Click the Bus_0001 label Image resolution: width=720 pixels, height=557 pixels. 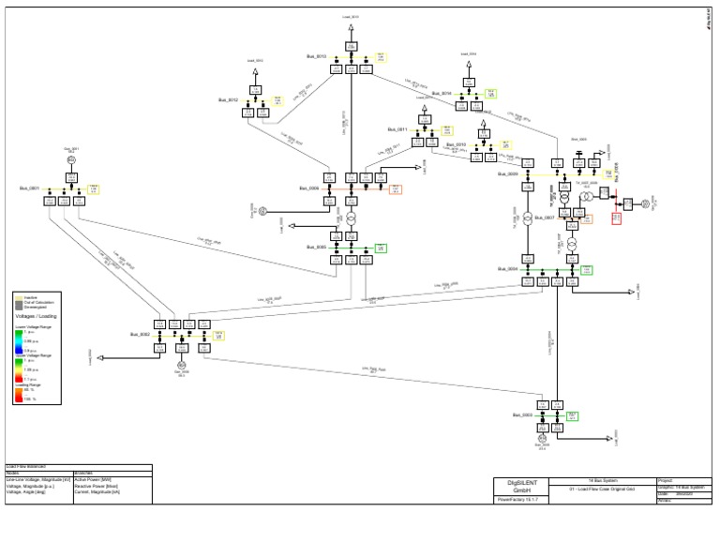point(29,188)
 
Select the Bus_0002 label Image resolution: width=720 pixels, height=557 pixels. point(140,334)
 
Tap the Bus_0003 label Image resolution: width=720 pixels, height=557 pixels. point(522,414)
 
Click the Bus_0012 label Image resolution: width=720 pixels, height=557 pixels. point(229,99)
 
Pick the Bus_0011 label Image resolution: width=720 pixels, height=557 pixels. point(396,129)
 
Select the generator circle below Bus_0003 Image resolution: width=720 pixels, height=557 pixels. point(542,438)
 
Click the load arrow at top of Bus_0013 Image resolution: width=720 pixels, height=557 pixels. point(350,30)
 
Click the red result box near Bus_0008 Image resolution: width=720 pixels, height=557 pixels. point(616,218)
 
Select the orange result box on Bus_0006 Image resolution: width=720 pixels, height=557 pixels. point(396,189)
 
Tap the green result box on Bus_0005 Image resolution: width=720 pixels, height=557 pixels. point(382,248)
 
